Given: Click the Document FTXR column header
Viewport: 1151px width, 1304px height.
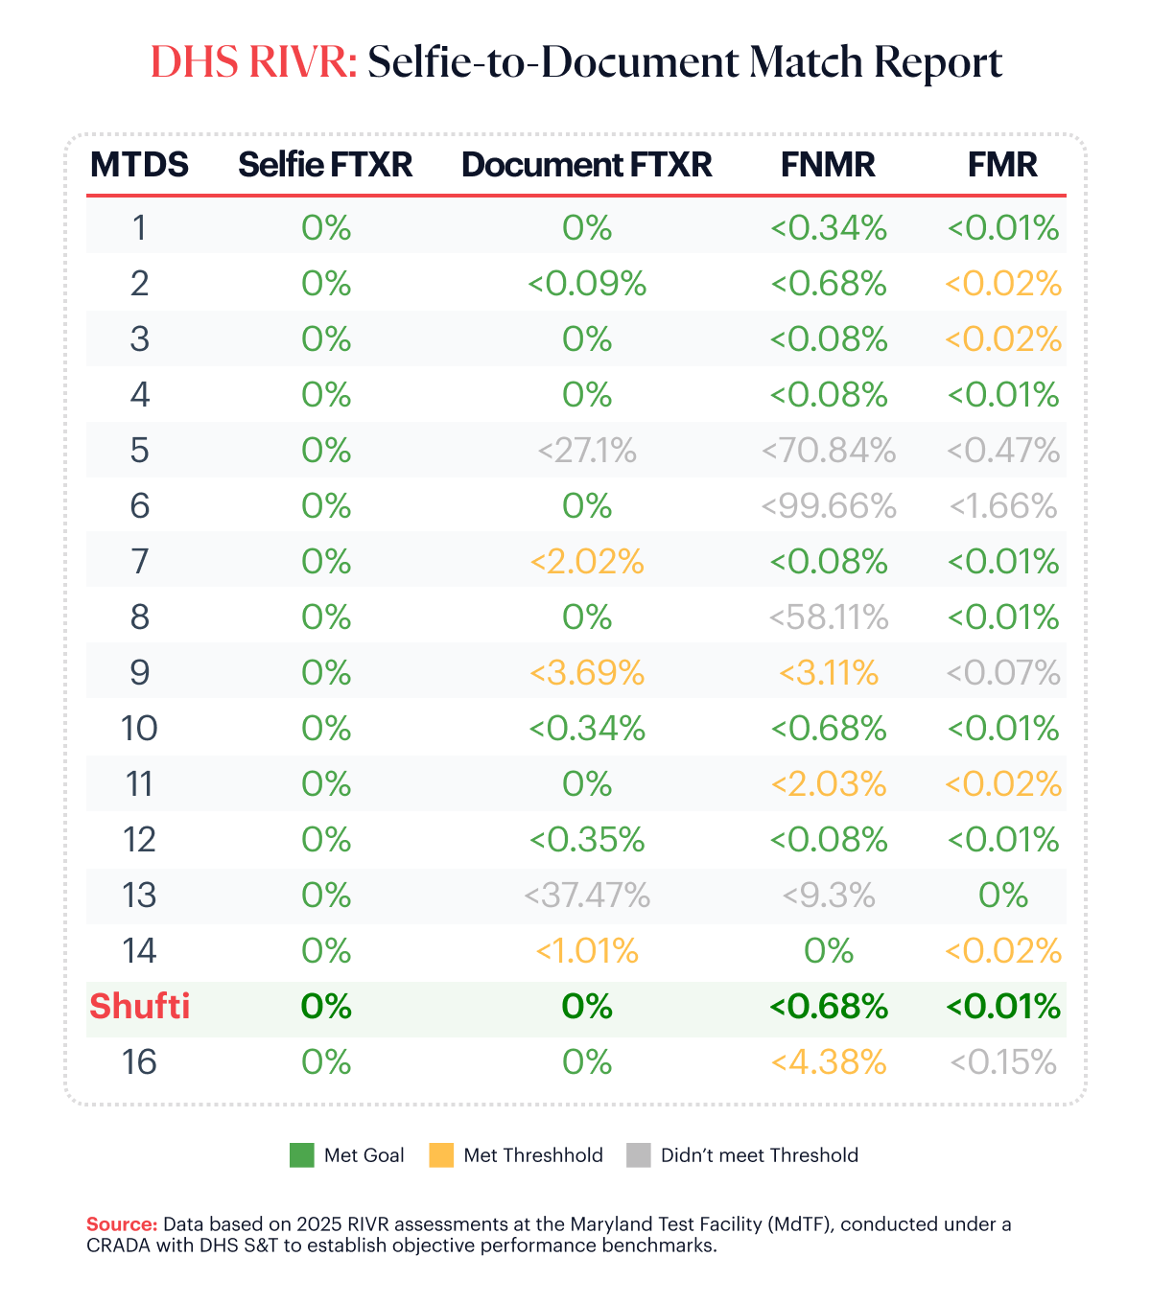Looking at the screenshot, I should pos(586,165).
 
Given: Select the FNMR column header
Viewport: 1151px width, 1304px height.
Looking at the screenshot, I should pos(828,165).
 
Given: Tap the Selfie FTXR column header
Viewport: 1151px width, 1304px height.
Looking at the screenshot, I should pos(325,165).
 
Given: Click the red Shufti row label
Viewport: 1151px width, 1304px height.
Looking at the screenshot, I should pos(140,1007).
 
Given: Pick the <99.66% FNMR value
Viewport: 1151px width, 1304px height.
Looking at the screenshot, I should pos(829,506).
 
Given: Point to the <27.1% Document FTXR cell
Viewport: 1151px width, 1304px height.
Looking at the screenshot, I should pos(587,451).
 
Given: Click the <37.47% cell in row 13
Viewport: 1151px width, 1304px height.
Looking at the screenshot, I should pos(587,896).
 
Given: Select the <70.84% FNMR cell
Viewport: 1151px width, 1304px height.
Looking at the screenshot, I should pos(829,451).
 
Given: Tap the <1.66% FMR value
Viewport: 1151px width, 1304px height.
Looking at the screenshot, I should pos(1003,506).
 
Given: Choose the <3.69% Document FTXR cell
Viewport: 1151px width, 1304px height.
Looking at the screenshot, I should pos(587,673).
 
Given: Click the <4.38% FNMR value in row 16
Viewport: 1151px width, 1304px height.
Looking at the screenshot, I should pos(829,1062).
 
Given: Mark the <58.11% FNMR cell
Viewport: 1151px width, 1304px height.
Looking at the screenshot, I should pos(829,617).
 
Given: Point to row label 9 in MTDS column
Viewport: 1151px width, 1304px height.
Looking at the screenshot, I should pos(140,673).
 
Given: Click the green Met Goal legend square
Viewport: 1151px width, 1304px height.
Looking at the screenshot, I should pos(302,1155).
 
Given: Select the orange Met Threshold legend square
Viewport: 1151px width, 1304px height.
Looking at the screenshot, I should pos(441,1155).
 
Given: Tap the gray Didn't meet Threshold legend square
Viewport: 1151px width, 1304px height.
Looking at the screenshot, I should pos(639,1155).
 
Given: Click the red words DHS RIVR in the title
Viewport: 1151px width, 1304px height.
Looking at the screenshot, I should pos(254,63).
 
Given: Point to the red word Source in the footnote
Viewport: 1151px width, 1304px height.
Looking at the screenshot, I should pos(122,1224).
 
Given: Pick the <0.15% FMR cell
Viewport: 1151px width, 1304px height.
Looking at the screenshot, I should pos(1003,1062).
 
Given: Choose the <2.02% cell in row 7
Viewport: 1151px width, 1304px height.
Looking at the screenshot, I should pos(587,562).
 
